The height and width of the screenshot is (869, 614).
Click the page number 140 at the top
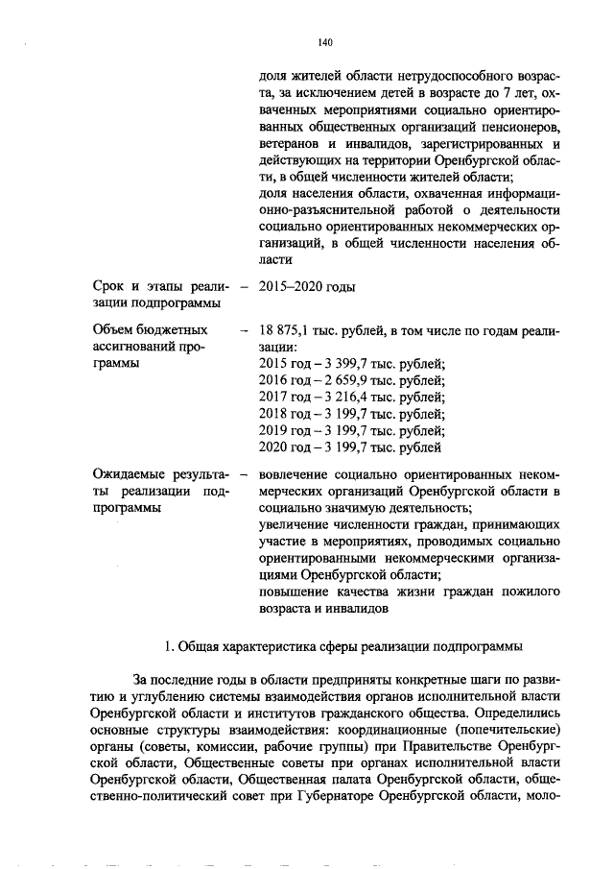[x=323, y=42]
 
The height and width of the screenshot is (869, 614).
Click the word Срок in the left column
[x=110, y=286]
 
